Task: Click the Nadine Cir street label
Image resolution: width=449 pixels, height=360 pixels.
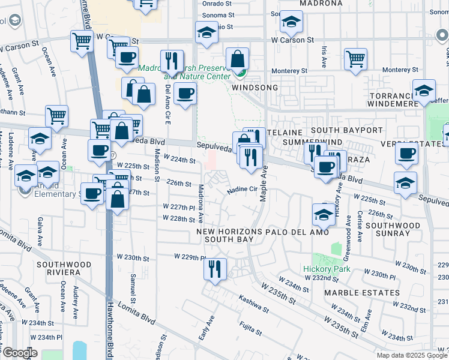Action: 242,190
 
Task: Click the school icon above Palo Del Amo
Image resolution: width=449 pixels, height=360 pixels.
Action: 323,215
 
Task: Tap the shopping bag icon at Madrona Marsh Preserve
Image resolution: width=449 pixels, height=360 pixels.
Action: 238,59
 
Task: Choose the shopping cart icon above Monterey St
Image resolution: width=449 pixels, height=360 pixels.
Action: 355,59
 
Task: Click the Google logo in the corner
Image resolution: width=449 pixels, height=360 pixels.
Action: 20,353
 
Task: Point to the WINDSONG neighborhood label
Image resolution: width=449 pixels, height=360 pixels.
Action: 255,88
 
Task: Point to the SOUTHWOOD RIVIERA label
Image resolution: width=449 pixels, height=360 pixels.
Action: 64,268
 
